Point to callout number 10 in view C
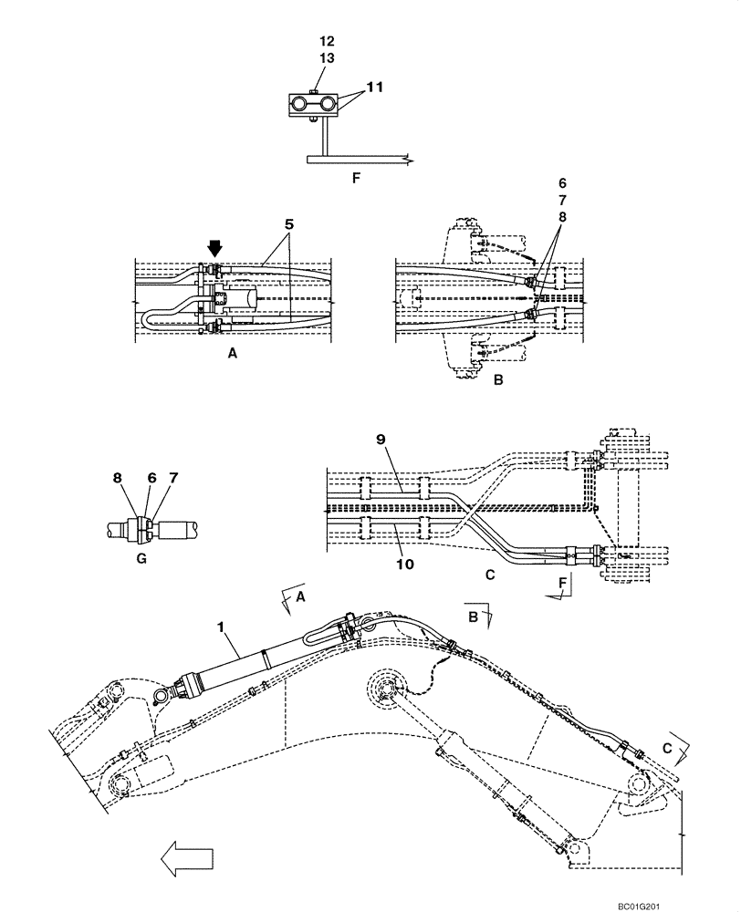point(405,565)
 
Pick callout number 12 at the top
point(327,42)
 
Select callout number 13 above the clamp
point(327,57)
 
